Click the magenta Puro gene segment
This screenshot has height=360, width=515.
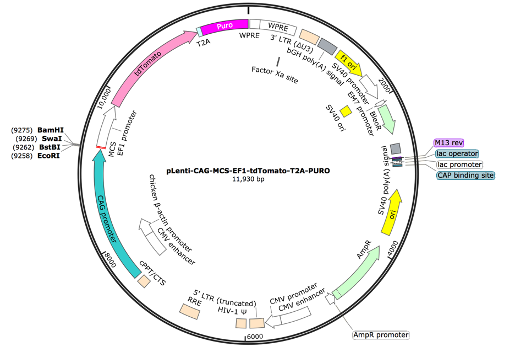coord(223,31)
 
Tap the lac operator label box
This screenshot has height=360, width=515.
coord(456,153)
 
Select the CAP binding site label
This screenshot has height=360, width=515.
coord(465,175)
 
